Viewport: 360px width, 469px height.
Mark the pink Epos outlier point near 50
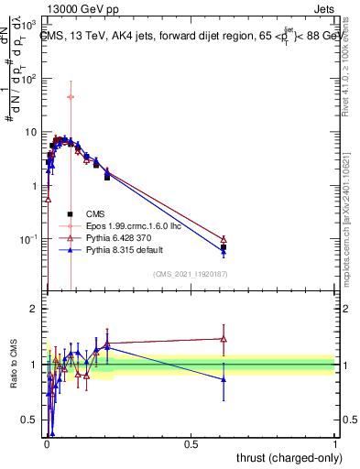pos(71,96)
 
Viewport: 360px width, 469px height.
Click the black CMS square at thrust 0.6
pos(224,247)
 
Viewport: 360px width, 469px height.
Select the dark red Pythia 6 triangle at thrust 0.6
pos(224,239)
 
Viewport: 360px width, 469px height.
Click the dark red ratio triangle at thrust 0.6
pos(224,339)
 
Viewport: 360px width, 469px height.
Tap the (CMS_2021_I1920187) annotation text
pos(189,274)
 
